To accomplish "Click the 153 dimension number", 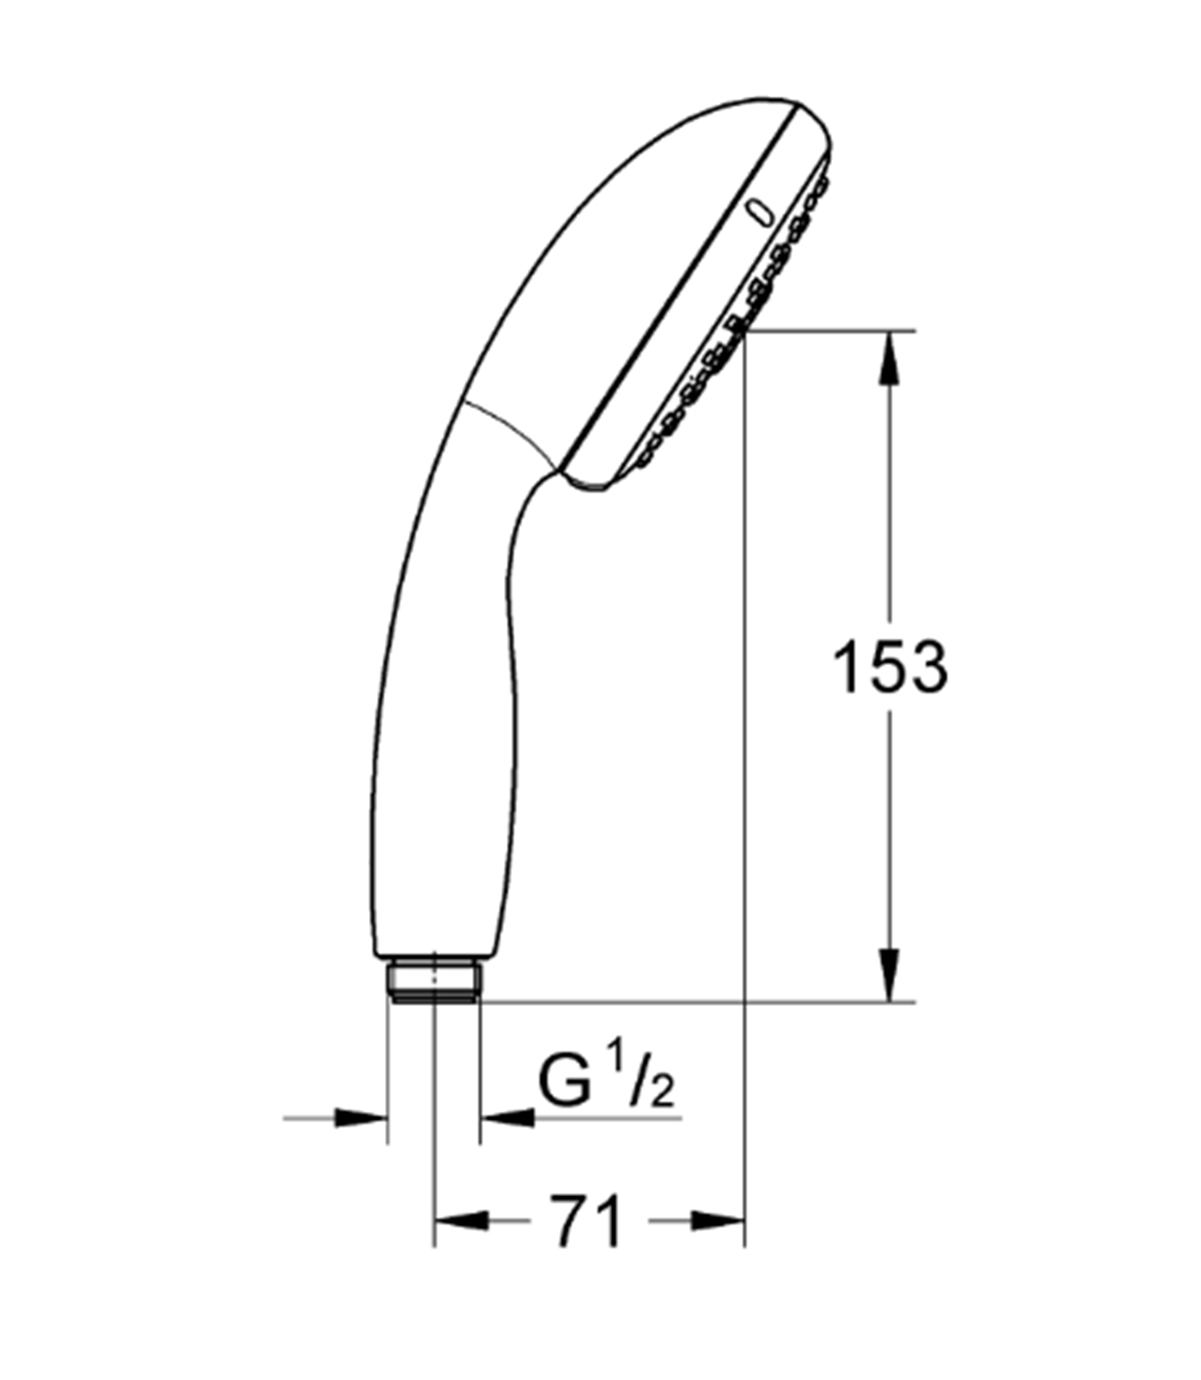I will click(x=889, y=668).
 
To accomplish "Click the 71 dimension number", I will click(x=586, y=1221).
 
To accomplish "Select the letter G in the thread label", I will click(x=563, y=1082).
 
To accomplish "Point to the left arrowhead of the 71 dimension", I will click(x=460, y=1221).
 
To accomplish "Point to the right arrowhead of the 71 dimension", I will click(x=717, y=1221).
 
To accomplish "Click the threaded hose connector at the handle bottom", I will click(x=433, y=981).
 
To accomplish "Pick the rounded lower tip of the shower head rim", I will click(x=590, y=485).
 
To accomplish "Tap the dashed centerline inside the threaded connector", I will click(x=434, y=990).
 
